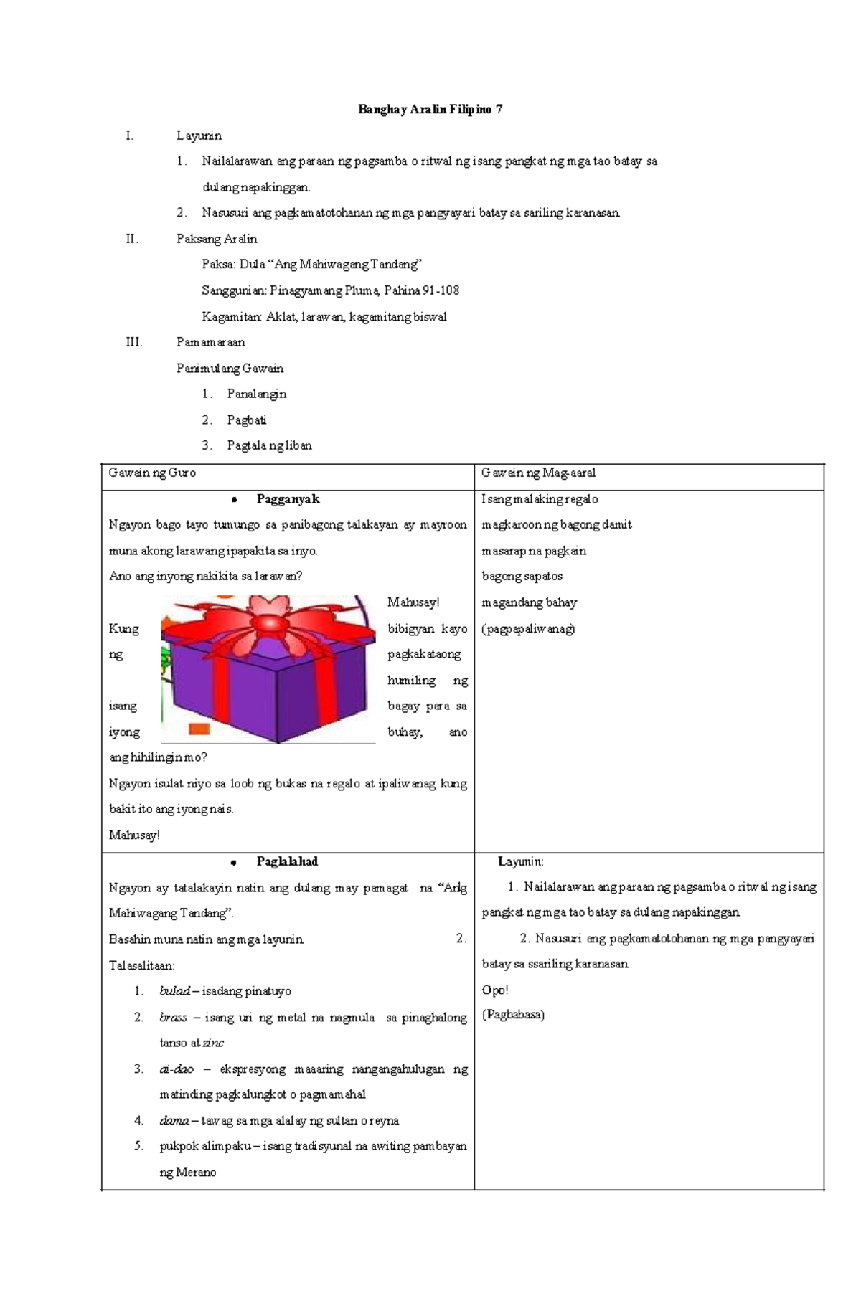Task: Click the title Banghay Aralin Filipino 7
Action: pos(430,110)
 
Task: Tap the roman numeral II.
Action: pos(131,239)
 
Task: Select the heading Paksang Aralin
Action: pos(216,239)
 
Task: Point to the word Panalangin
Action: pos(256,394)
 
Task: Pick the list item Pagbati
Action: pos(246,420)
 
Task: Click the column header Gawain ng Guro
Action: pos(152,473)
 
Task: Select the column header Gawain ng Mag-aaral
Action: pos(538,473)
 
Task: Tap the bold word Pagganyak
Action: pos(288,499)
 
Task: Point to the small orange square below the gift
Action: pos(199,729)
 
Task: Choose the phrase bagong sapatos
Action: pos(522,577)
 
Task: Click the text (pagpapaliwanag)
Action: pos(528,629)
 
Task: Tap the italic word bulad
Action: pos(174,991)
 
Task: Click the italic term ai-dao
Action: pos(177,1069)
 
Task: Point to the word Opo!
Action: pos(494,990)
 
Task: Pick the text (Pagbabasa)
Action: pos(513,1015)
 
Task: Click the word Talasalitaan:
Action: pos(141,965)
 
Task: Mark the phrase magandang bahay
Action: pos(529,602)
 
